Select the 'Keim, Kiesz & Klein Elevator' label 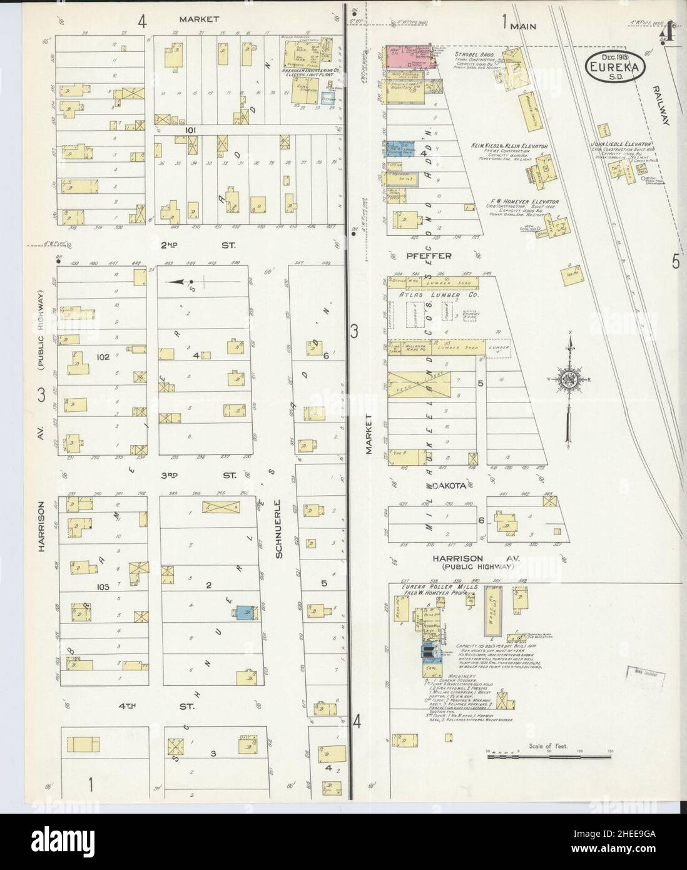510,145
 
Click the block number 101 191,130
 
